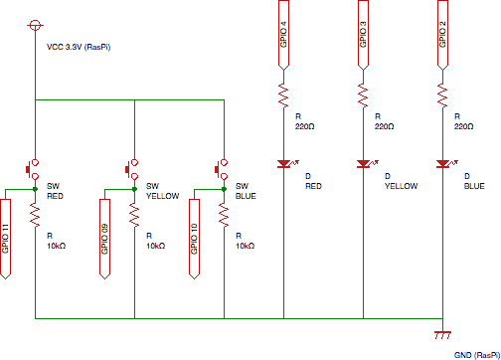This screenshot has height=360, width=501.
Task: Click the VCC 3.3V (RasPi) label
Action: [x=78, y=47]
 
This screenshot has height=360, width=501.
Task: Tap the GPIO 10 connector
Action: [x=195, y=237]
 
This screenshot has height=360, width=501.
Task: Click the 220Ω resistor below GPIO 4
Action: [x=282, y=96]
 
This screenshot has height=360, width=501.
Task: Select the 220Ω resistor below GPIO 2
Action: [x=441, y=96]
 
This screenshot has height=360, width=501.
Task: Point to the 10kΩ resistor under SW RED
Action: [x=35, y=215]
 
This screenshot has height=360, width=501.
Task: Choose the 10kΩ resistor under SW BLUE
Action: [x=224, y=215]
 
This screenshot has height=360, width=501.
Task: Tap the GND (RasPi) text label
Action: [x=476, y=354]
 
